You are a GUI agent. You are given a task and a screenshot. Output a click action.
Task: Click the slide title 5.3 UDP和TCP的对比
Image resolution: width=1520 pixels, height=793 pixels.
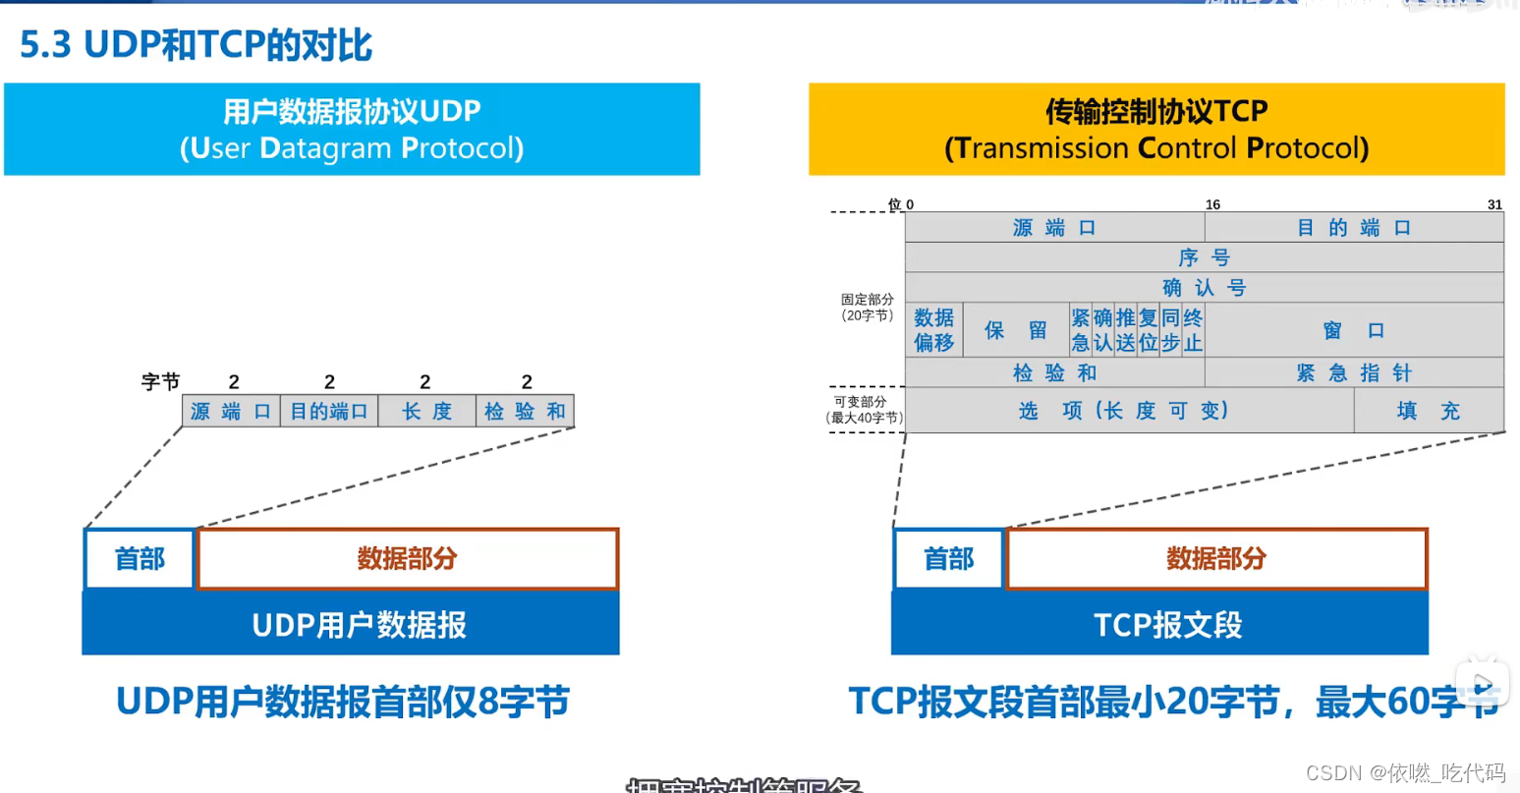tap(197, 45)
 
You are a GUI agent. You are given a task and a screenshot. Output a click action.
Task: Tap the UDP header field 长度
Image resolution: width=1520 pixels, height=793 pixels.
tap(426, 412)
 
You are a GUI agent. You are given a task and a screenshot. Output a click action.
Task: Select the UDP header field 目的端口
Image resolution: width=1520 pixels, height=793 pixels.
tap(329, 412)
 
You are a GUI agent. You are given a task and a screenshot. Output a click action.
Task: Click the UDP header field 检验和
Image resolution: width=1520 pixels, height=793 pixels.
tap(525, 412)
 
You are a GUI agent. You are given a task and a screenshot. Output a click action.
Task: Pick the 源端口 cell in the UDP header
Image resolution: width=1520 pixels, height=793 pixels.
tap(231, 412)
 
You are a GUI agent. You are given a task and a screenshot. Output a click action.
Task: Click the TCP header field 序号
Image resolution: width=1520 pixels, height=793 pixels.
tap(1204, 257)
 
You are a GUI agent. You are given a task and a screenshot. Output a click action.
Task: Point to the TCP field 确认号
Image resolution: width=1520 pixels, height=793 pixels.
tap(1204, 288)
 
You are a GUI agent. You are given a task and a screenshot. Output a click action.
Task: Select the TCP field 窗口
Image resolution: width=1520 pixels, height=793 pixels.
tap(1354, 330)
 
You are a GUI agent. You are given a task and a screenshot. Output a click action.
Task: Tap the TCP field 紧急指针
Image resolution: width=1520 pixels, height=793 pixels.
tap(1354, 372)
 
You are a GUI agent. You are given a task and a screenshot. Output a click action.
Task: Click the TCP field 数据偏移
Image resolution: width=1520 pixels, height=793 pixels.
tap(933, 330)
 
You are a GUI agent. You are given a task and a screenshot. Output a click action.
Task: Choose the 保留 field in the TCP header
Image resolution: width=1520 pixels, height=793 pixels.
tap(1016, 330)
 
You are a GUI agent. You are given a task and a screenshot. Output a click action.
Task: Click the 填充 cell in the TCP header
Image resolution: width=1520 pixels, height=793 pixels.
tap(1429, 411)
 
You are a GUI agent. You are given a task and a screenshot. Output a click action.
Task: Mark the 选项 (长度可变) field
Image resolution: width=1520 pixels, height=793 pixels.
tap(1128, 411)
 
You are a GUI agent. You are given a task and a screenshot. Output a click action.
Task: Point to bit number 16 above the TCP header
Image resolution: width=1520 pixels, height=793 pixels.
tap(1212, 204)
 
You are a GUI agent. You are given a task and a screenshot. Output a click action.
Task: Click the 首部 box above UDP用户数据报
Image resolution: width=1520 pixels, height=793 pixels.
tap(140, 559)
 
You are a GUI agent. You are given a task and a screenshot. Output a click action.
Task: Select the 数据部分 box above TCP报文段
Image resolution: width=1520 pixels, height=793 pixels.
tap(1216, 559)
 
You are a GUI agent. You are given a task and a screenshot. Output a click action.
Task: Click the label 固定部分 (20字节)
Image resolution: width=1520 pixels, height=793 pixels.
tap(867, 307)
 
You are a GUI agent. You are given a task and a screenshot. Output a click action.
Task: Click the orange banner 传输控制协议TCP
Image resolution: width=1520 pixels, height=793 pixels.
tap(1156, 130)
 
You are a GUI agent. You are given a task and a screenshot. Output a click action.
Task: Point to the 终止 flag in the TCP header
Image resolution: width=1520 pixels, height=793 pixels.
tap(1193, 330)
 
